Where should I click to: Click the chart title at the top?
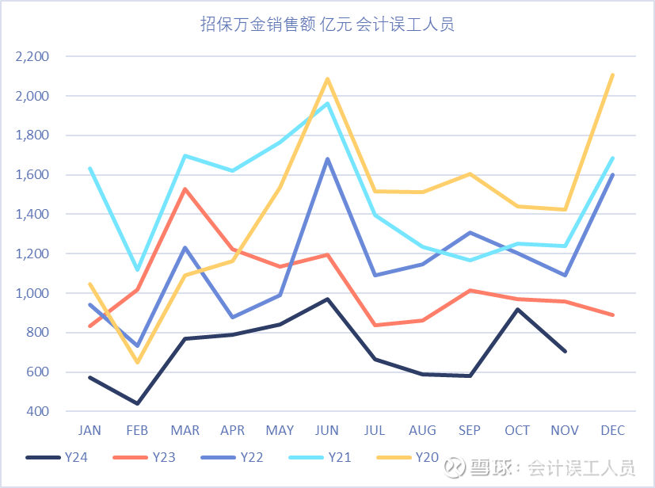tap(327, 25)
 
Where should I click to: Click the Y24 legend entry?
tap(55, 457)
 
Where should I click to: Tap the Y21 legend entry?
tap(329, 457)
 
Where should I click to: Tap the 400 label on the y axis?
tap(36, 411)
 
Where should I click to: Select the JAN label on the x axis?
tap(89, 431)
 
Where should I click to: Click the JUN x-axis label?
tap(327, 431)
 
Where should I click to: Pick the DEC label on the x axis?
tap(612, 431)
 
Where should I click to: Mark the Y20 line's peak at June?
tap(327, 79)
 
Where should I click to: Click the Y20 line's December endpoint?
tap(612, 75)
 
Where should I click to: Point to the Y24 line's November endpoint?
tap(565, 351)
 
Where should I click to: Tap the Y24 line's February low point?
tap(137, 403)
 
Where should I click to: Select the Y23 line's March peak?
tap(185, 189)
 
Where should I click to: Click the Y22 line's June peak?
tap(327, 159)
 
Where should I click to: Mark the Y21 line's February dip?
tap(137, 270)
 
